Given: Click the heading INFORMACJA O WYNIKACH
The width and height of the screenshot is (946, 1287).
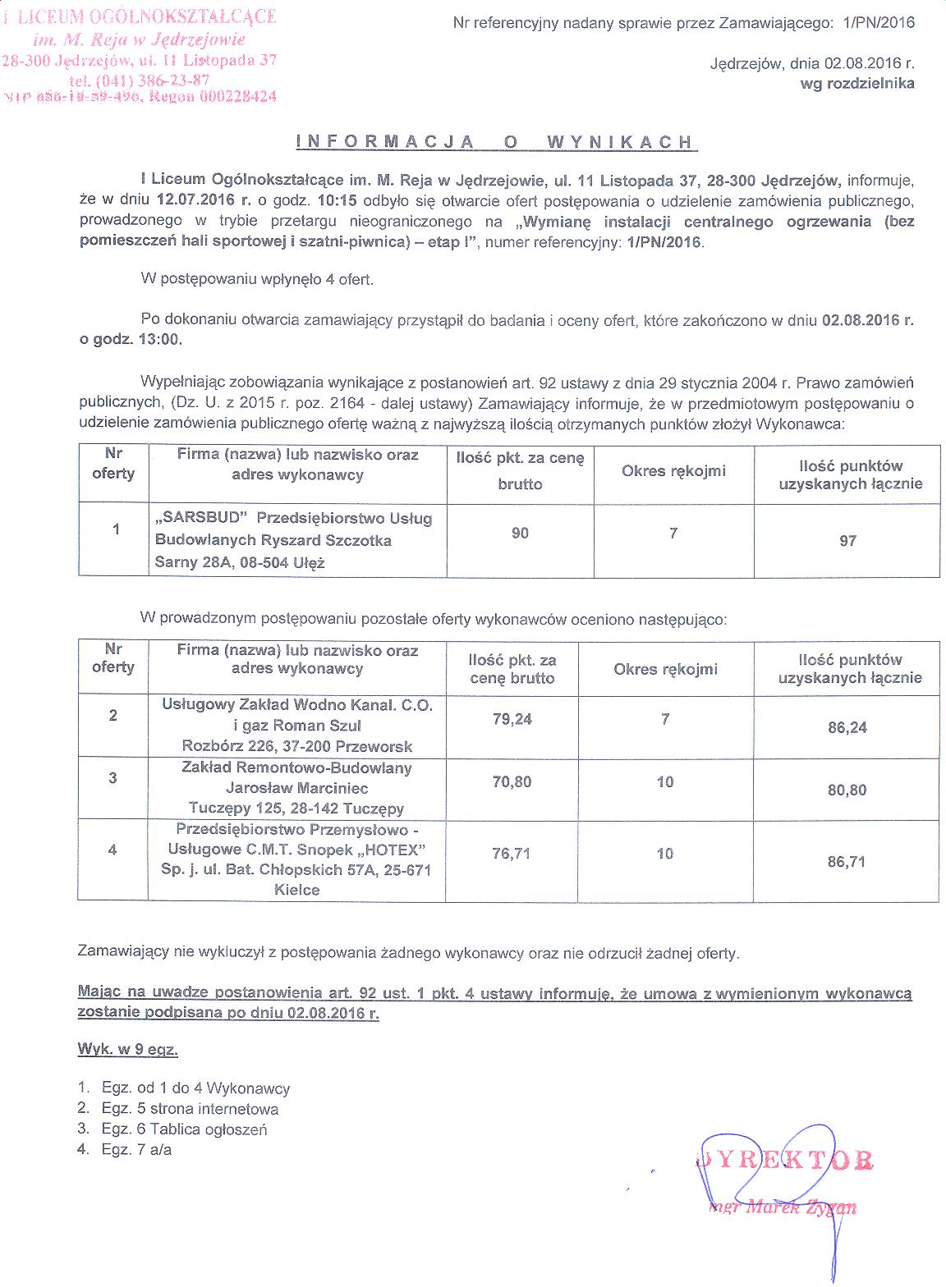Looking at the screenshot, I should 495,142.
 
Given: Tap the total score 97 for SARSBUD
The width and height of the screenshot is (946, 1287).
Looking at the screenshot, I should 847,540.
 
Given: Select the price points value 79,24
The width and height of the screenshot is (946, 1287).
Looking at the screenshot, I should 512,719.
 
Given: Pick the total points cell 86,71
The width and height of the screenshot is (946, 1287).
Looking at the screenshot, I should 847,862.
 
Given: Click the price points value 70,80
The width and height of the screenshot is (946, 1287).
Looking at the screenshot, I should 512,782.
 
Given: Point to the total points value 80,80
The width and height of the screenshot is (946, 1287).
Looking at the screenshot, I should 847,790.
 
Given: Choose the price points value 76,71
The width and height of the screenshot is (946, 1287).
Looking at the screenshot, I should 512,854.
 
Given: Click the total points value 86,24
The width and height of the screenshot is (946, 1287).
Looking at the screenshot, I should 847,727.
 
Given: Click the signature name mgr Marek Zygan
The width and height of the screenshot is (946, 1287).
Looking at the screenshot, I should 781,1207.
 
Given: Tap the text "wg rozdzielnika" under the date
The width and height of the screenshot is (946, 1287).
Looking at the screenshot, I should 862,83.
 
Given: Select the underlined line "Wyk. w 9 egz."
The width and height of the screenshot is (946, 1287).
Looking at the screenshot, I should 128,1049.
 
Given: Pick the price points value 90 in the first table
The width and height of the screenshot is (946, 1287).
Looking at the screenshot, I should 520,533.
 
